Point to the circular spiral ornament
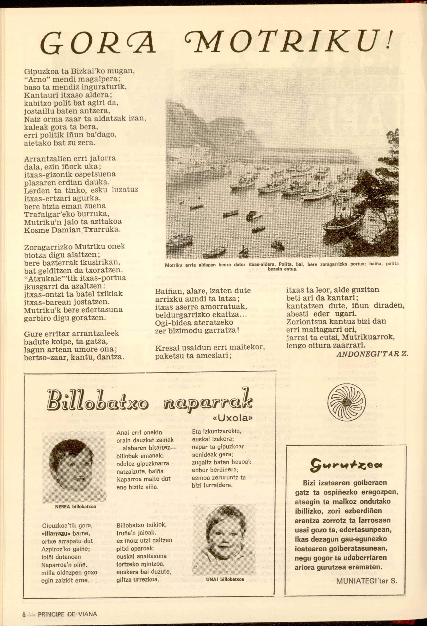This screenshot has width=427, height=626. click(347, 400)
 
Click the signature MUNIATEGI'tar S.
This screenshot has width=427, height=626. click(367, 556)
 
